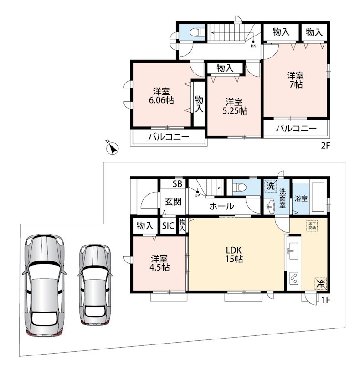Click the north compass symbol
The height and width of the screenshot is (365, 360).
[x=112, y=148]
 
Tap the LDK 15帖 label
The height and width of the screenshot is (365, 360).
[x=234, y=255]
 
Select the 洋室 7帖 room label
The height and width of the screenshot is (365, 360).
[x=296, y=80]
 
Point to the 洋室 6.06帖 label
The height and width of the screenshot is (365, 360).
[x=161, y=95]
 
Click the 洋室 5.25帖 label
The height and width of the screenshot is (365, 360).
[x=235, y=106]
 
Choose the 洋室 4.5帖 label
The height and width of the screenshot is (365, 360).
[x=159, y=263]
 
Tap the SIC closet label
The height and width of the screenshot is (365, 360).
[x=168, y=225]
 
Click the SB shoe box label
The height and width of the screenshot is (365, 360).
[x=177, y=184]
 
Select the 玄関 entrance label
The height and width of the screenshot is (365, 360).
[x=173, y=202]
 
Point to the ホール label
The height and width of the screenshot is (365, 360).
[x=221, y=206]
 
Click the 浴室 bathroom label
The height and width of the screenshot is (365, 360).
[x=301, y=198]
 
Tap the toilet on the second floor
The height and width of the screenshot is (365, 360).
[x=197, y=32]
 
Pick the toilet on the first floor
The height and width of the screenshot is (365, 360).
[x=240, y=187]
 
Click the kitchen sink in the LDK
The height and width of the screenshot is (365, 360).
[x=293, y=251]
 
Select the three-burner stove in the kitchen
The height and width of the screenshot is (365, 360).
[x=294, y=278]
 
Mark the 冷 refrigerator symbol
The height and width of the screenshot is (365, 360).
[x=321, y=283]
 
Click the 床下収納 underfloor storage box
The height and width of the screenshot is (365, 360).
[x=312, y=225]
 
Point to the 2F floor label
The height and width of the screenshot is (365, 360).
[x=325, y=146]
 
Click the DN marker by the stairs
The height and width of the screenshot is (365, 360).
[x=253, y=46]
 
